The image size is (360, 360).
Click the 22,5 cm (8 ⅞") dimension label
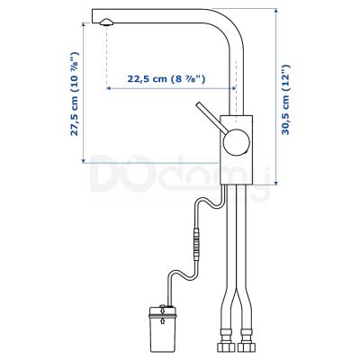pyautogui.click(x=169, y=79)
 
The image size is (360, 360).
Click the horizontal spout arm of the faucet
pyautogui.click(x=162, y=15)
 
